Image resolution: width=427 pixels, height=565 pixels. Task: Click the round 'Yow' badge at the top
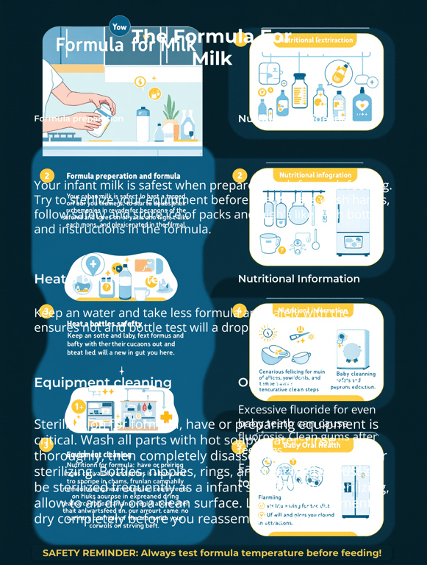(x=120, y=26)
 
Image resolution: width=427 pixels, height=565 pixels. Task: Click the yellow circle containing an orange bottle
(x=340, y=72)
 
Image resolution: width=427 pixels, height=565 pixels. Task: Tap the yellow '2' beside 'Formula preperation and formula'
(x=47, y=176)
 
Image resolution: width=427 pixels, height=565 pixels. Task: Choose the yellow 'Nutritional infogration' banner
(x=315, y=176)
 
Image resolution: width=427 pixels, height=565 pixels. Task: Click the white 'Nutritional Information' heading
(x=298, y=279)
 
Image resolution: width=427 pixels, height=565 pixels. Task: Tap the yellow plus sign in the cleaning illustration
(x=167, y=417)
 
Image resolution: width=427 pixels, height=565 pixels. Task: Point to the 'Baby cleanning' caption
(x=356, y=374)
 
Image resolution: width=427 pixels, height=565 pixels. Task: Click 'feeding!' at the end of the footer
(x=359, y=552)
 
